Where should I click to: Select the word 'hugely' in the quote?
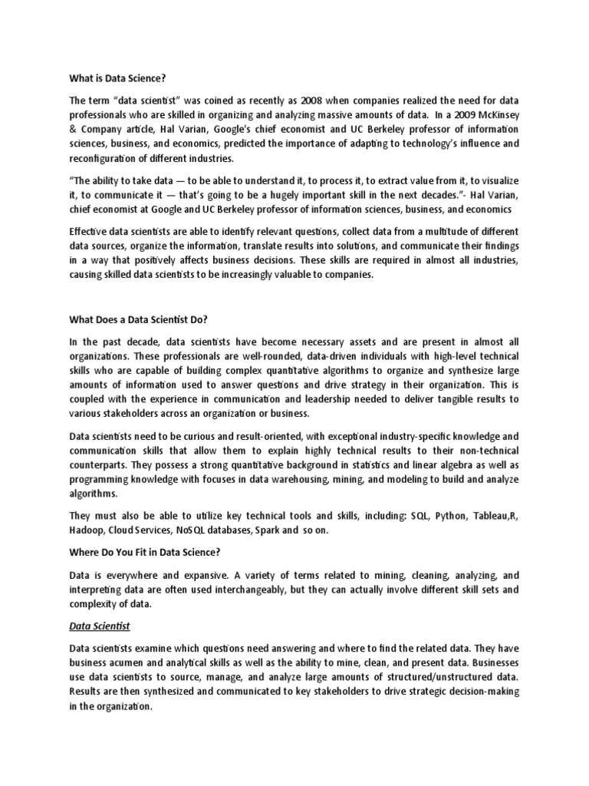288,193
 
